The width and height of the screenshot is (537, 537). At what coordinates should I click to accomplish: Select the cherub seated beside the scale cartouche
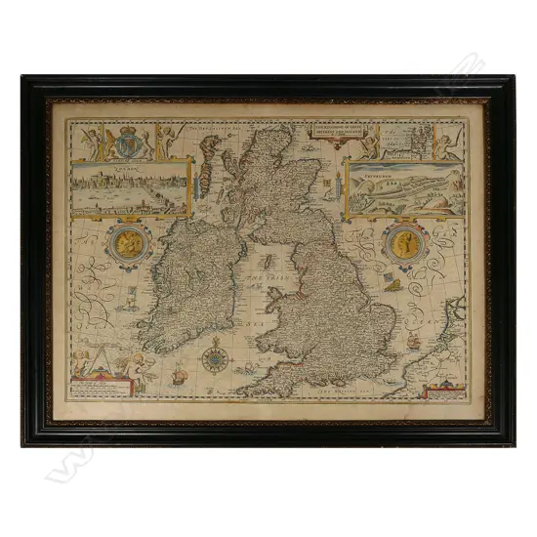click(x=128, y=362)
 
